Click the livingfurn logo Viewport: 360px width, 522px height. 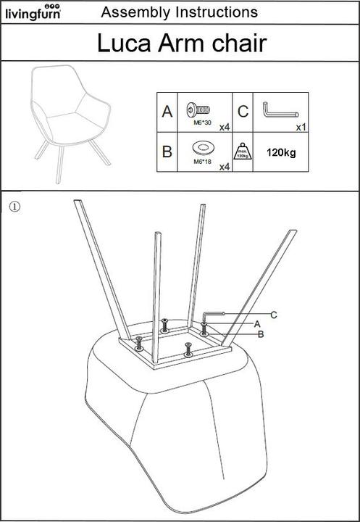coord(33,12)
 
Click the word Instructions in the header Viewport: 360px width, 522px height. coord(217,12)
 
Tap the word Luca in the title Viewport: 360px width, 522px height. coord(124,43)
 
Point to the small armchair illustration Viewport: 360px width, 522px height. coord(70,123)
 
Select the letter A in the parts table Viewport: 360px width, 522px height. coord(167,112)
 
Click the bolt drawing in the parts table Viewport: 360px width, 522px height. coord(198,110)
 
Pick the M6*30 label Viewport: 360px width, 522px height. coord(202,123)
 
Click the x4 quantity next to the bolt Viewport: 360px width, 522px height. coord(225,127)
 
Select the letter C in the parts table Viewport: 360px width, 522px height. coord(243,112)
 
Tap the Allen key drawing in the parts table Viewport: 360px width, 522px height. coord(280,110)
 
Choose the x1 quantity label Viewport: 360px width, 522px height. coord(301,127)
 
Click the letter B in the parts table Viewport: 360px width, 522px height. coord(167,152)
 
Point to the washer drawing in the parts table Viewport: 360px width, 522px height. coord(204,148)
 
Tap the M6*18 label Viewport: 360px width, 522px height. coord(202,162)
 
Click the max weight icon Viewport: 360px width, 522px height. coord(243,152)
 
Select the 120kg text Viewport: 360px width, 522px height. coord(281,153)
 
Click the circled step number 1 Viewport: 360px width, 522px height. coord(14,207)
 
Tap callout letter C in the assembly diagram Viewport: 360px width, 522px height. coord(274,315)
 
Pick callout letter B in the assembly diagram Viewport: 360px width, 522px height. coord(261,334)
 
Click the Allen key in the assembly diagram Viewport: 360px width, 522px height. coord(213,315)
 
